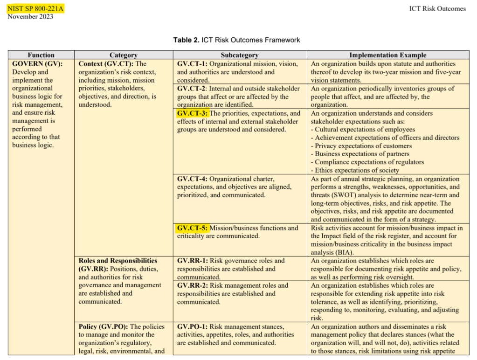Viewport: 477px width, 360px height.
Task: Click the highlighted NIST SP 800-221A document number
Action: point(35,8)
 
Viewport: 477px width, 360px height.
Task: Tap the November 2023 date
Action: point(30,17)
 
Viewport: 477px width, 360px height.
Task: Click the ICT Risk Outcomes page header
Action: point(437,8)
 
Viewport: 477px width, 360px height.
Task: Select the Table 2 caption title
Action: point(237,40)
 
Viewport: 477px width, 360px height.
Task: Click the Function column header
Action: point(41,55)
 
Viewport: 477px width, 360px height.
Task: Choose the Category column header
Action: point(124,55)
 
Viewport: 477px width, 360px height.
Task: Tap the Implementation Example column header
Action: point(388,55)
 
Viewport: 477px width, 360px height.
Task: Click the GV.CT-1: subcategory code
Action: point(192,64)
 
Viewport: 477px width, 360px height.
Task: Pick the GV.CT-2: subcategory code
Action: point(192,89)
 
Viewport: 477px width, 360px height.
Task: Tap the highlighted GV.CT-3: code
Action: point(192,113)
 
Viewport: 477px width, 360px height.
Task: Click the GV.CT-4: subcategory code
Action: point(192,179)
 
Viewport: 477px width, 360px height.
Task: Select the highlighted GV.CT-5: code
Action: point(192,228)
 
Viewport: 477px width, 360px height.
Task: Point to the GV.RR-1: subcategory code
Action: point(193,261)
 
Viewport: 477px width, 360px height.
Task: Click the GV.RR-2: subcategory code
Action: point(193,285)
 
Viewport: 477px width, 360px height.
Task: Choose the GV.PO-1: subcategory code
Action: point(193,326)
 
